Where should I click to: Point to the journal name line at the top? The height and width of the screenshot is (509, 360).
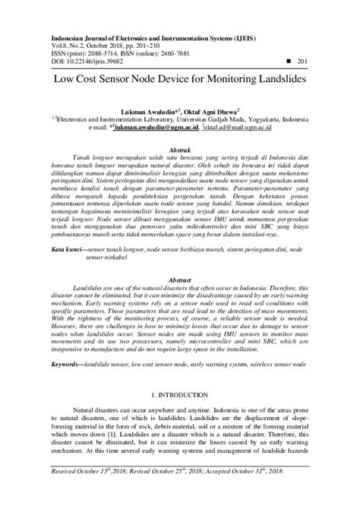(x=152, y=36)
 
